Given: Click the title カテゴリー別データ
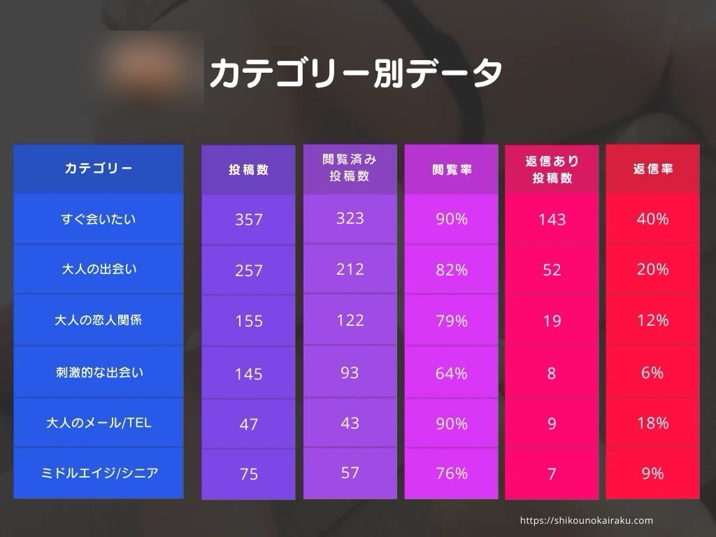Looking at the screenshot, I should pos(356,73).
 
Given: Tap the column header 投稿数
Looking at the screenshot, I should pos(248,170).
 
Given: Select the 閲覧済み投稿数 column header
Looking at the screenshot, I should pos(350,168).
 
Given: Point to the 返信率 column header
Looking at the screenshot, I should pos(652,169).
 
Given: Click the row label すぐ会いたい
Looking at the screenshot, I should pos(98,220).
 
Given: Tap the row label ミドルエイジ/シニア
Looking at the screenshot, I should pos(98,473).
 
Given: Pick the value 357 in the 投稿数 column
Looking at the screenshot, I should pos(248,220).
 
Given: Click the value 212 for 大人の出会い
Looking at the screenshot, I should pos(350,269).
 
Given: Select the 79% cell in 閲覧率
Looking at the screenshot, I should pos(451,321).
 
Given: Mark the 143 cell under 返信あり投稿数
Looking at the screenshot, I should pos(552,220).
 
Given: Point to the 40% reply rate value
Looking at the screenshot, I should pos(652,219).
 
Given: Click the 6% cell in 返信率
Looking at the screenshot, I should pos(652,373).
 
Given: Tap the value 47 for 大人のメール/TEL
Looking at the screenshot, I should pos(248,424).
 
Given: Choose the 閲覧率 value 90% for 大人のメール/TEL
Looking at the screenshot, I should pos(451,424).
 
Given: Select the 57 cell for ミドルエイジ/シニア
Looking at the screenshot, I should pos(350,473).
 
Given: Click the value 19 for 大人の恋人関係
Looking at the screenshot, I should pos(552,321).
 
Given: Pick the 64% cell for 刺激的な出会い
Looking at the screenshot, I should pos(451,373).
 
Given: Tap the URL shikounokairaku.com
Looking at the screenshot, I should pos(587,520).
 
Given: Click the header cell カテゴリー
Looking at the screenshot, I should pos(98,169).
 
